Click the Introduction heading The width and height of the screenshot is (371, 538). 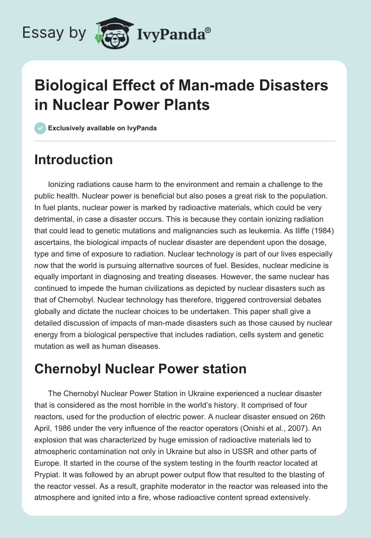74,160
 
